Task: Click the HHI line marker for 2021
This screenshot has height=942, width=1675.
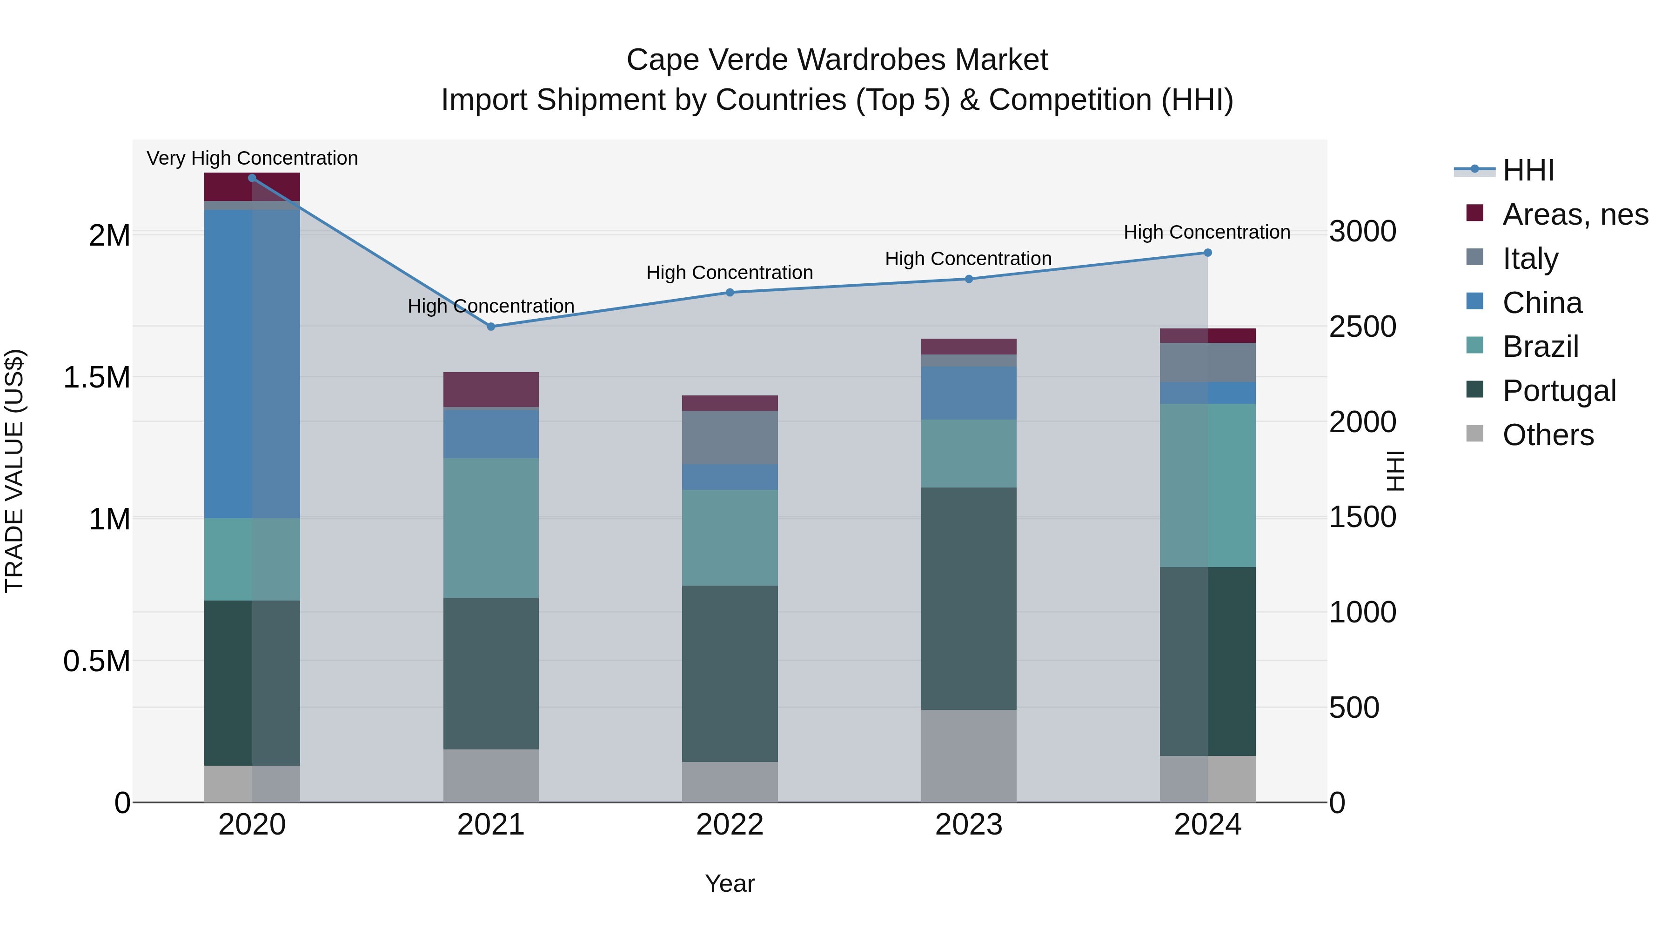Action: pos(491,327)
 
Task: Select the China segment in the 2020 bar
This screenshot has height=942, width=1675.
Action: pos(252,364)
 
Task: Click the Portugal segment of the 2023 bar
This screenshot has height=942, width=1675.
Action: pos(968,598)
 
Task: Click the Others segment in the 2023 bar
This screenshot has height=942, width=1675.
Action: pos(968,755)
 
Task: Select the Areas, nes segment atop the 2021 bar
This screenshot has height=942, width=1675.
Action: pos(491,389)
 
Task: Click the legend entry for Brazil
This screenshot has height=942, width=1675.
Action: pos(1540,347)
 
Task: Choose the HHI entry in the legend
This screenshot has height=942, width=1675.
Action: pos(1528,170)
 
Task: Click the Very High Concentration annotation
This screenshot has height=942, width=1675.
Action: pos(252,158)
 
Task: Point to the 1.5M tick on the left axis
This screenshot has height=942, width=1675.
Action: pos(97,378)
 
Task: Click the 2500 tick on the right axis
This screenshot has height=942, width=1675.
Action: pos(1362,327)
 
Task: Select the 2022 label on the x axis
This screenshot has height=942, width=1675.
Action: pos(730,825)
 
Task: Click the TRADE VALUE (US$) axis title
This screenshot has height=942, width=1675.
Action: pos(14,471)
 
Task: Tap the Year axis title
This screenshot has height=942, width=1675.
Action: pos(730,883)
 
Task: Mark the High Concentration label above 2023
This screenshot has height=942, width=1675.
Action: pos(968,258)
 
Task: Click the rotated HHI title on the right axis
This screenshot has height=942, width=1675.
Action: pos(1395,471)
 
